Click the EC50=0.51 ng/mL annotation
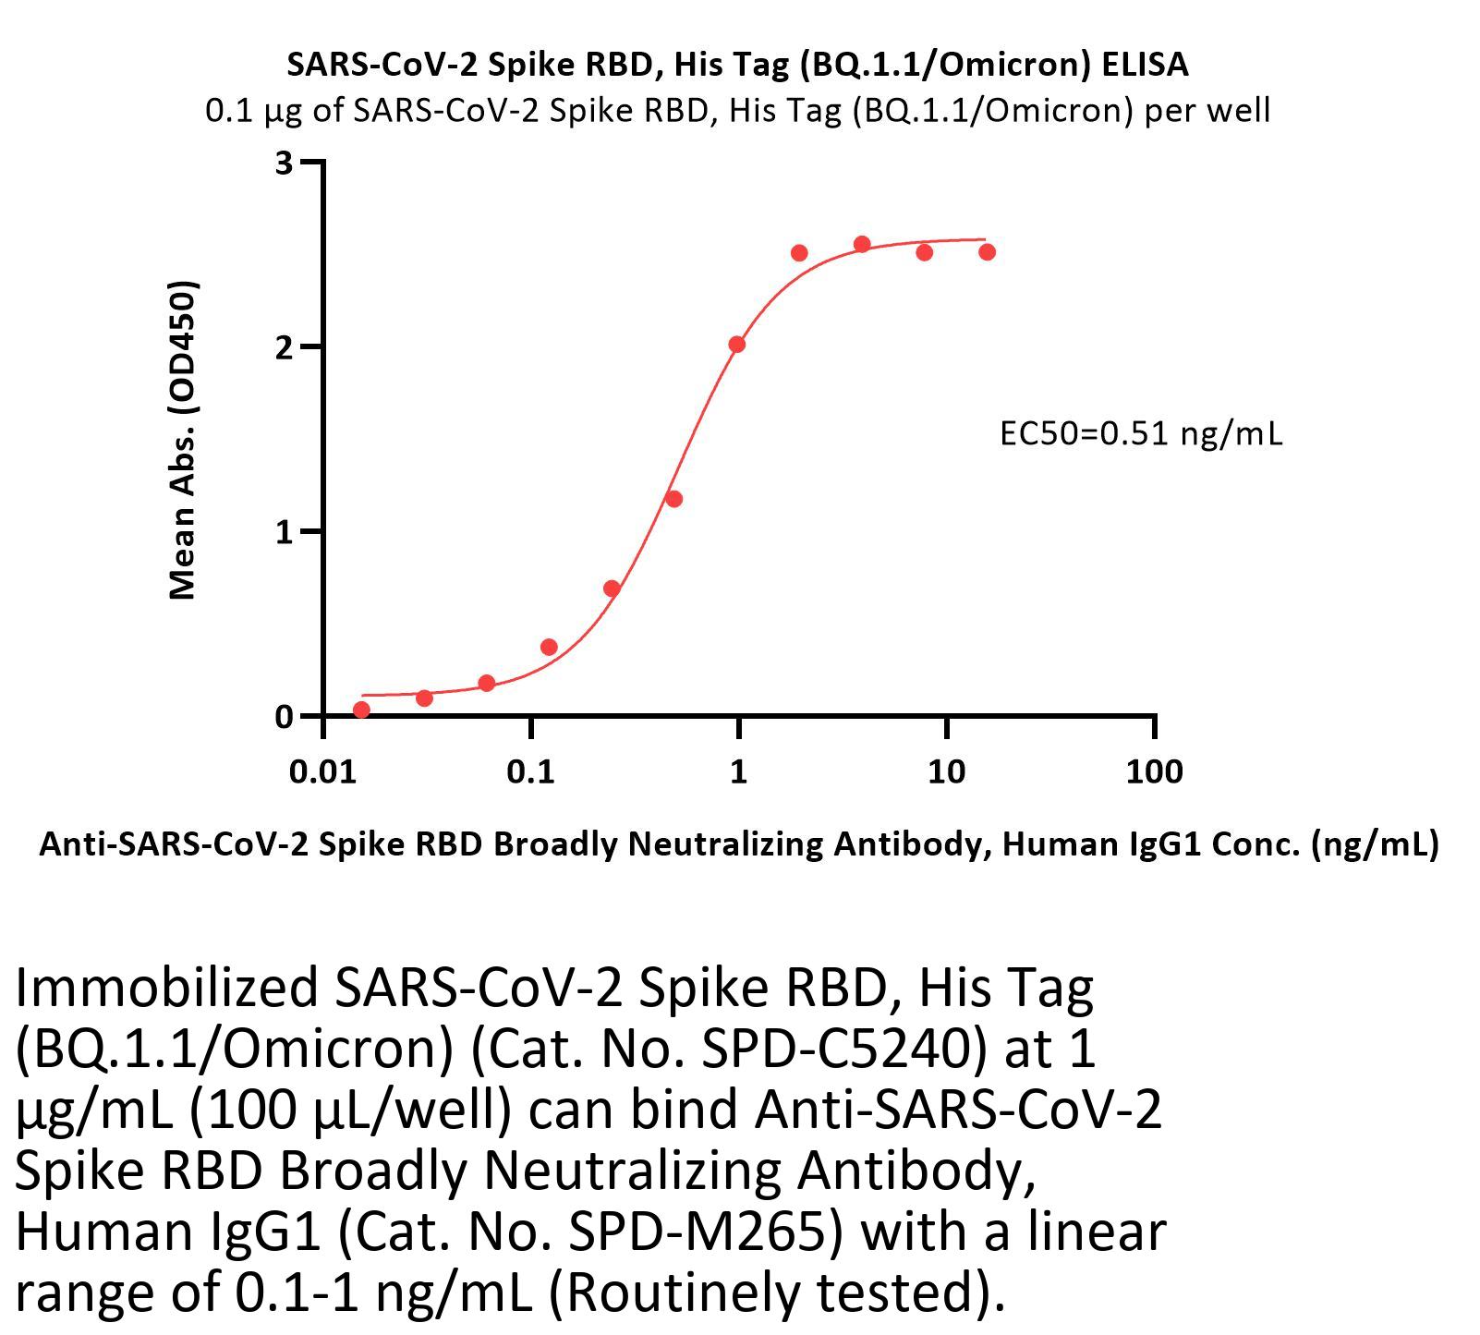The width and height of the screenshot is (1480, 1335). coord(1141,433)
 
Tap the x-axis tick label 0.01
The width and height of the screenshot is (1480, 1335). coord(322,771)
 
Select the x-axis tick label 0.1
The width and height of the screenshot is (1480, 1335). coord(530,771)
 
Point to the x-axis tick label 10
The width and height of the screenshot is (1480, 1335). coord(945,771)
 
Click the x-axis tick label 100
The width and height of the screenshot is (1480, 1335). coord(1153,771)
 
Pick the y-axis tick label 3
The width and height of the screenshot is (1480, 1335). coord(284,164)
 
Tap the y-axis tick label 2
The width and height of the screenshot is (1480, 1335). coord(284,347)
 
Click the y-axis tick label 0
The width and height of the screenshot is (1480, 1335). coord(284,717)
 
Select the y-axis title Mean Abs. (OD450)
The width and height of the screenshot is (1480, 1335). coord(183,440)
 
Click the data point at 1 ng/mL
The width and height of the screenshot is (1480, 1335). coord(736,345)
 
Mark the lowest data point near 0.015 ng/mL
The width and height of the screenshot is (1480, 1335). coord(361,710)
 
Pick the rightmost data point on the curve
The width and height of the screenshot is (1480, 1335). coord(987,252)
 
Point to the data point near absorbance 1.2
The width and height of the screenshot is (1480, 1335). coord(673,499)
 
